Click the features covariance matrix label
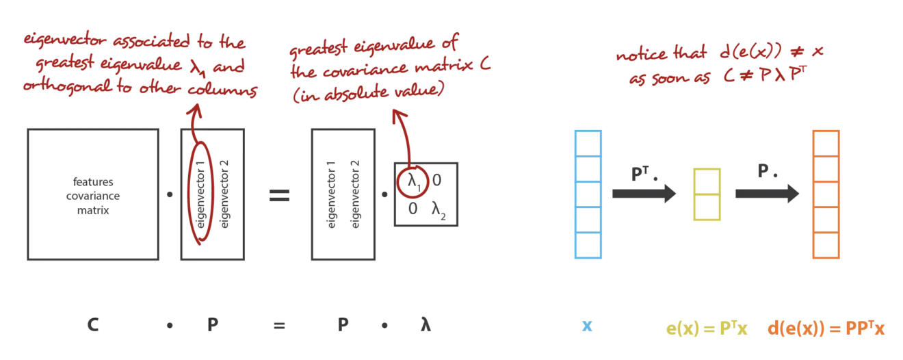pyautogui.click(x=93, y=196)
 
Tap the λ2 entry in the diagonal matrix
pyautogui.click(x=439, y=210)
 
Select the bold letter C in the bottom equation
pyautogui.click(x=93, y=324)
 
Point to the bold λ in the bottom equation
pyautogui.click(x=426, y=324)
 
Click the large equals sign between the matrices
pyautogui.click(x=279, y=196)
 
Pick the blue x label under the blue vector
pyautogui.click(x=588, y=326)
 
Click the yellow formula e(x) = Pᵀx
pyautogui.click(x=707, y=328)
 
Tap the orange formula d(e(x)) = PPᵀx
pyautogui.click(x=826, y=328)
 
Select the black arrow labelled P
pyautogui.click(x=767, y=194)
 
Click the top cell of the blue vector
pyautogui.click(x=588, y=144)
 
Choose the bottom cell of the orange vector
pyautogui.click(x=826, y=245)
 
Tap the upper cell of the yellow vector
pyautogui.click(x=707, y=182)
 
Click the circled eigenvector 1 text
pyautogui.click(x=200, y=194)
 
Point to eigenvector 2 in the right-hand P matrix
pyautogui.click(x=355, y=194)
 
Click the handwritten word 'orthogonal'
pyautogui.click(x=67, y=86)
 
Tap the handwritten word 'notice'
pyautogui.click(x=642, y=54)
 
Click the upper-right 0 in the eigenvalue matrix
pyautogui.click(x=437, y=180)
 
